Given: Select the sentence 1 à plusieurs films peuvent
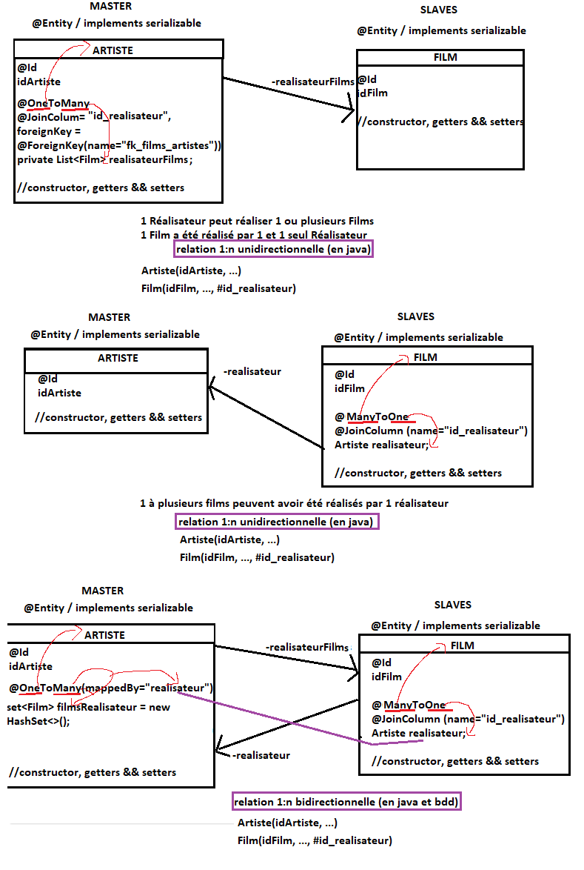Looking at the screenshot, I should click(294, 503).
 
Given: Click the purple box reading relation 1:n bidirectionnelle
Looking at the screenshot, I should click(347, 802).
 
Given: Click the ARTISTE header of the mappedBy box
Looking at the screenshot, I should click(104, 635).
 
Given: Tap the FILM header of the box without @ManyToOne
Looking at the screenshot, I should click(445, 57).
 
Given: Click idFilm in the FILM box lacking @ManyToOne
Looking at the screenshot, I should click(372, 93).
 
